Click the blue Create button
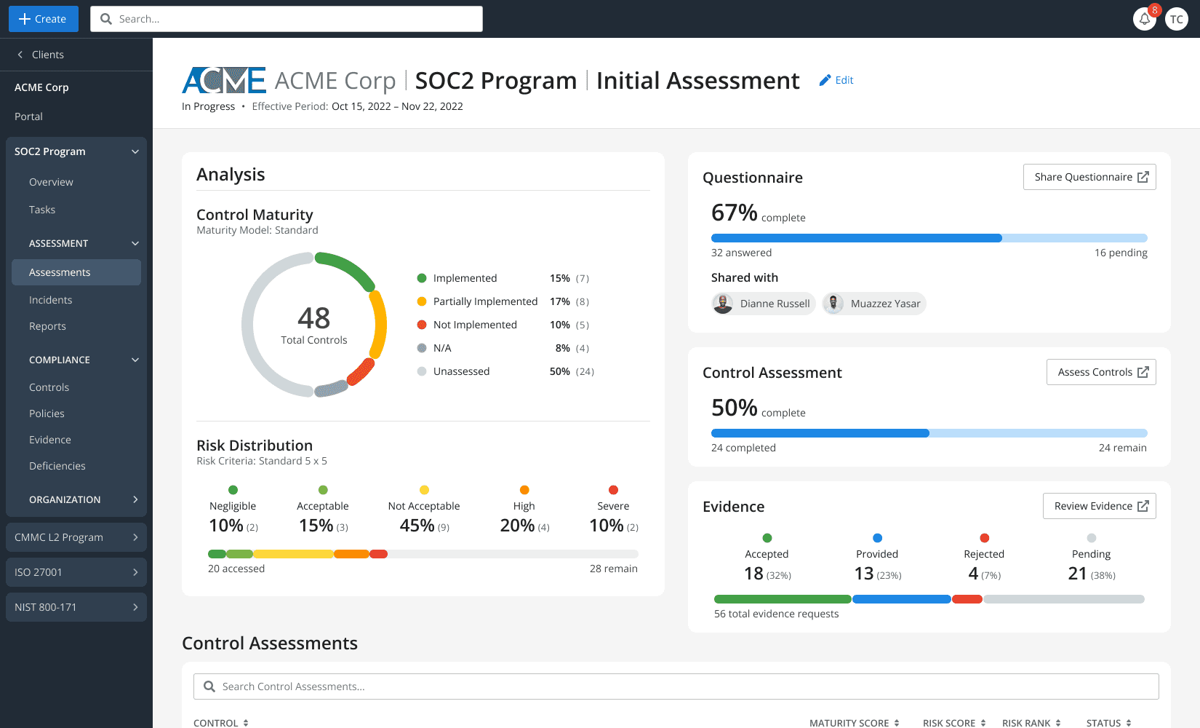click(x=44, y=19)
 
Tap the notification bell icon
click(x=1144, y=19)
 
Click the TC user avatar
click(x=1177, y=19)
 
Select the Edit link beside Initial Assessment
click(x=836, y=80)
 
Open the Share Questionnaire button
click(x=1089, y=177)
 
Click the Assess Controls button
click(x=1101, y=372)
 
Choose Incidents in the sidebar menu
click(x=50, y=300)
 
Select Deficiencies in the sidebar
click(x=57, y=466)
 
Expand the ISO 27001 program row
click(x=76, y=572)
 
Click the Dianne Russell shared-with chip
click(x=763, y=304)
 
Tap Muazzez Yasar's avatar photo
click(x=833, y=304)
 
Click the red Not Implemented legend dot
click(x=422, y=325)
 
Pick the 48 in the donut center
click(x=314, y=318)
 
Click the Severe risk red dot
click(x=613, y=489)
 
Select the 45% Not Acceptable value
click(x=417, y=526)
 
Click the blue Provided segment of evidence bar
click(x=902, y=599)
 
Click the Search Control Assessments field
click(x=676, y=687)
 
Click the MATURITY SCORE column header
click(x=854, y=723)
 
